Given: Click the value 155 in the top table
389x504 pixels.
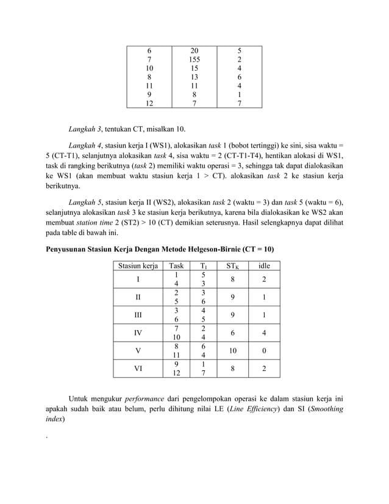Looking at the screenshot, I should point(194,60).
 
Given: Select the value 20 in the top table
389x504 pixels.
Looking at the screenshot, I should point(194,51).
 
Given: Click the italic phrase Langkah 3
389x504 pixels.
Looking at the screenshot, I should point(86,129).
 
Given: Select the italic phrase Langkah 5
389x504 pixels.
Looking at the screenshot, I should point(86,201).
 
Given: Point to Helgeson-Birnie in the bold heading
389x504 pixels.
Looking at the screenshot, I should point(208,250).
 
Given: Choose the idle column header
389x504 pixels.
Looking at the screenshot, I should point(265,265).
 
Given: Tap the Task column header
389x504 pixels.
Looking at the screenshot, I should point(176,265).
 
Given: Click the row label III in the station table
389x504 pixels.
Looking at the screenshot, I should point(138,315).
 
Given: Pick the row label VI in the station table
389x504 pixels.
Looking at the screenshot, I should point(138,369).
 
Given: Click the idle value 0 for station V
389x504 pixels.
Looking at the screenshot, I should point(265,351).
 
